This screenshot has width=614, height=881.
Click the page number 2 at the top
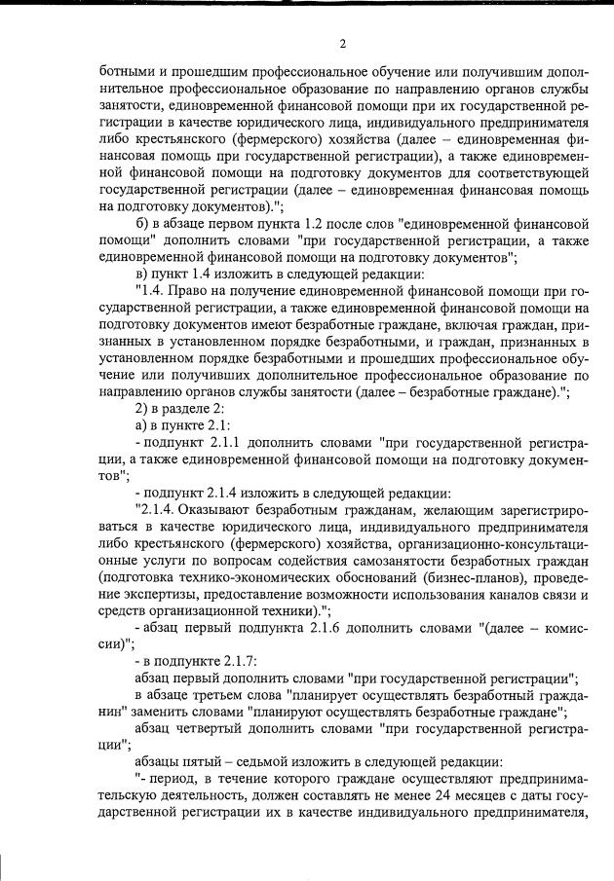coord(343,43)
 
